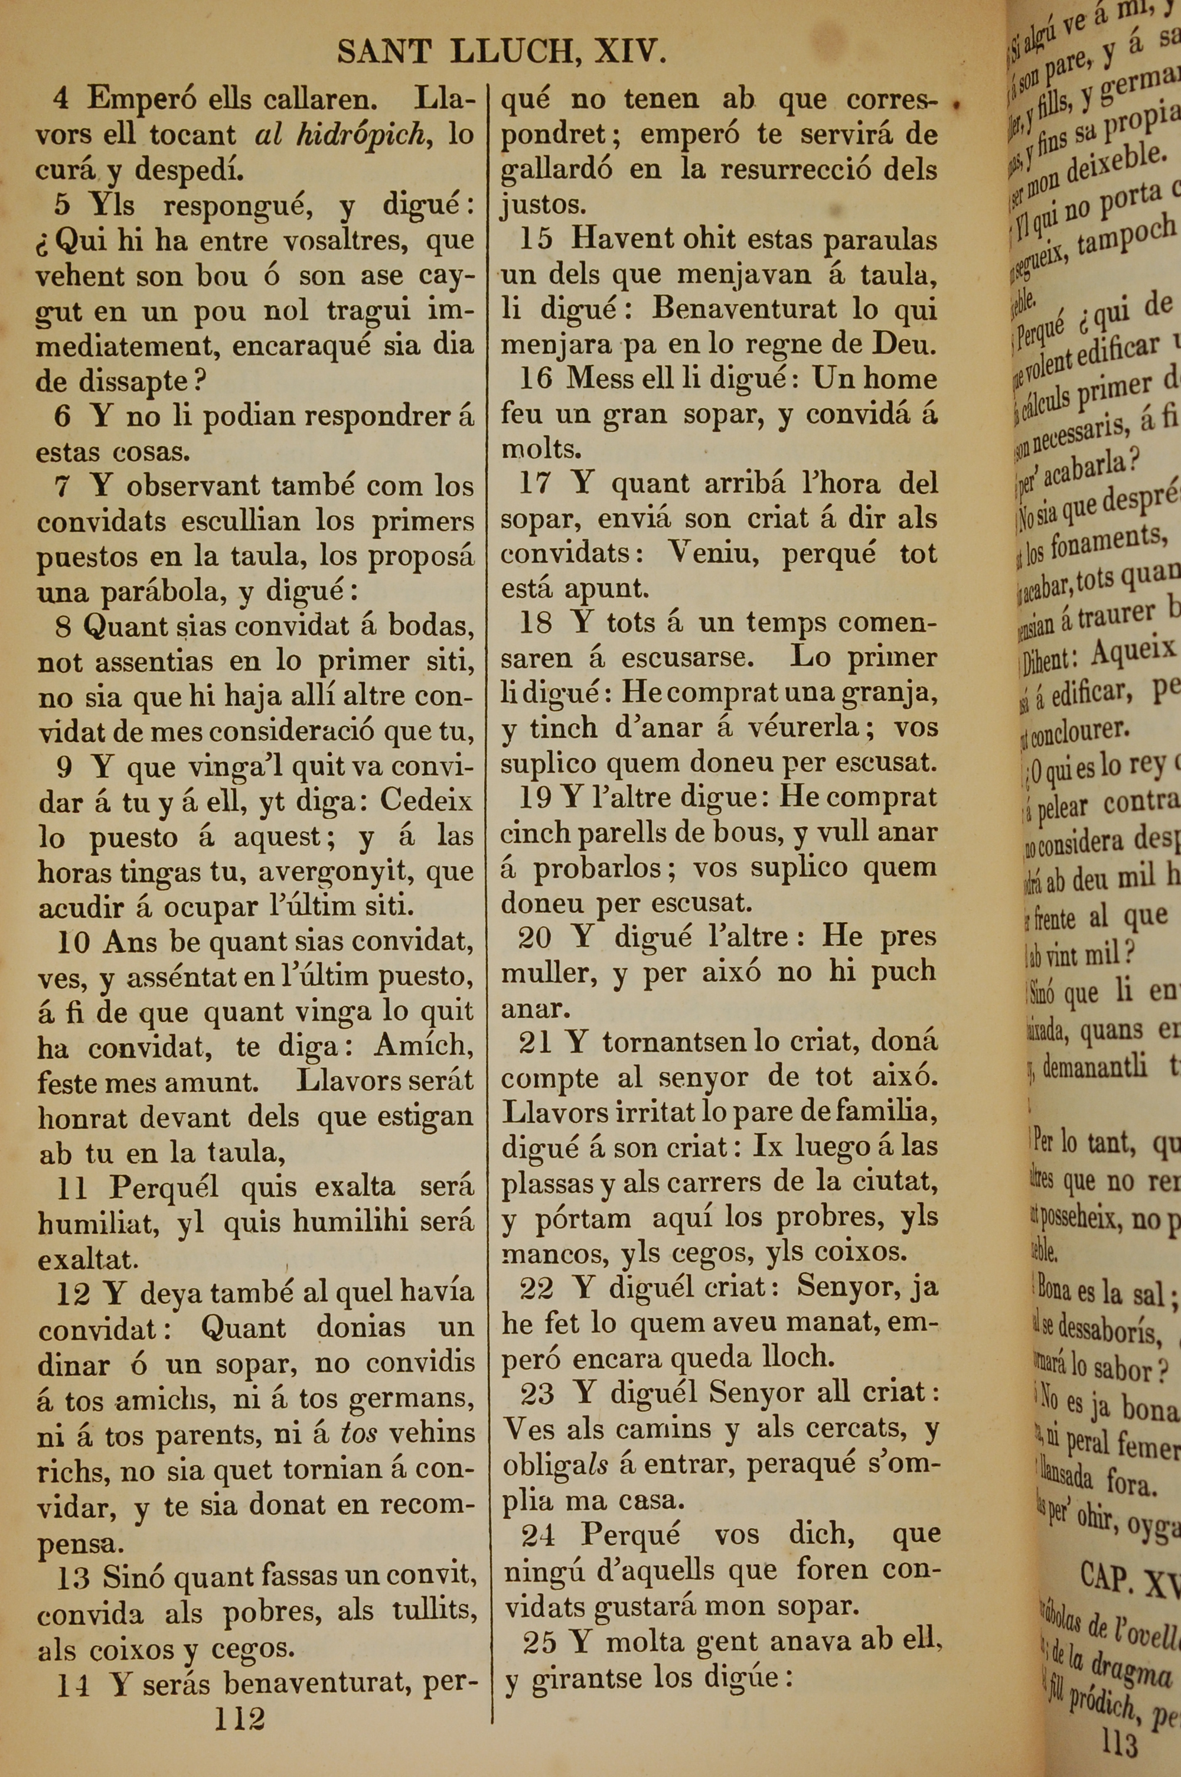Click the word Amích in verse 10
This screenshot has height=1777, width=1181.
(423, 1046)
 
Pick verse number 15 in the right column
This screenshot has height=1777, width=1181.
(536, 239)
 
